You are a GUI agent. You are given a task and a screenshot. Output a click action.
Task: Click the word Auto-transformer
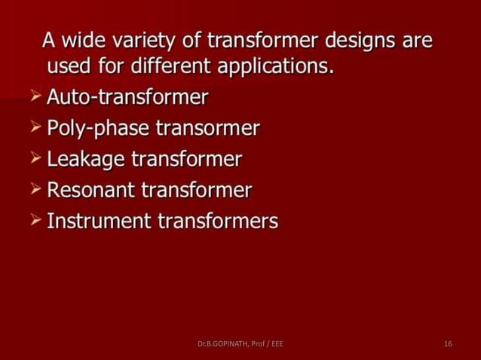pos(127,98)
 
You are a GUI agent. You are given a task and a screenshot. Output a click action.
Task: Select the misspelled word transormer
pos(208,129)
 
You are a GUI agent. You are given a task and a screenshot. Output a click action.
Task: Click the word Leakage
pos(85,160)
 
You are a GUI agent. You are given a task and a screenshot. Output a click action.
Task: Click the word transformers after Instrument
pos(218,221)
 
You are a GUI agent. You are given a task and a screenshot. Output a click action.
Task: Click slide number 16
pos(448,344)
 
